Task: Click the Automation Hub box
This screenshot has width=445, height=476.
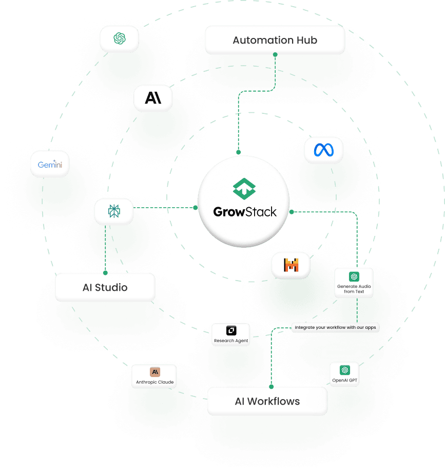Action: [x=275, y=40]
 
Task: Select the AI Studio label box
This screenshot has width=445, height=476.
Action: [x=105, y=287]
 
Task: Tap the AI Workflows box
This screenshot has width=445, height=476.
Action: [x=267, y=401]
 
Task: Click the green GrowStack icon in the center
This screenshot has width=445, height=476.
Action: [x=244, y=188]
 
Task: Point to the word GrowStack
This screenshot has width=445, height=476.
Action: [x=245, y=211]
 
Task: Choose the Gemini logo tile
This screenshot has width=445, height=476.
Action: [x=50, y=164]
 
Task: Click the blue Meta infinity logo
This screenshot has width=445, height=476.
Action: [x=323, y=150]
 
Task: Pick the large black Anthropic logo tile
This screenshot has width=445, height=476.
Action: [x=153, y=98]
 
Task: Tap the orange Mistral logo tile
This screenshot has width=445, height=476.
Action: [x=291, y=265]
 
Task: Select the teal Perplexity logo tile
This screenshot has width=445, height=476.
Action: [x=114, y=211]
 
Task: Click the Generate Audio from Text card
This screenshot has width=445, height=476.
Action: [x=354, y=283]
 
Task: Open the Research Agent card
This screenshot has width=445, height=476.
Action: [x=231, y=334]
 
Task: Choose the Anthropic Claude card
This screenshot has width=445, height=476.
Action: [x=154, y=376]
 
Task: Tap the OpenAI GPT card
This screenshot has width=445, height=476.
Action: [x=344, y=374]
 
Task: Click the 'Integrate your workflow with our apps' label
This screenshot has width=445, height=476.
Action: [x=336, y=327]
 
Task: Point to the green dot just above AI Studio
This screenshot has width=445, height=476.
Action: [x=105, y=272]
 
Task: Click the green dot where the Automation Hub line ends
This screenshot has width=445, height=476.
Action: [x=238, y=152]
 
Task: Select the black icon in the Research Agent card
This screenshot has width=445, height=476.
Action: [x=231, y=330]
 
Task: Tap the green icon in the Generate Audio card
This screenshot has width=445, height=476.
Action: [x=354, y=276]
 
